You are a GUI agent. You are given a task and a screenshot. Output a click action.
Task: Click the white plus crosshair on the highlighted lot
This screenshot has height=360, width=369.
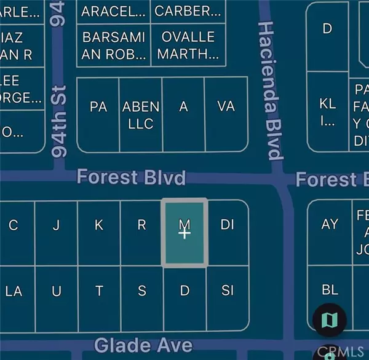(184, 233)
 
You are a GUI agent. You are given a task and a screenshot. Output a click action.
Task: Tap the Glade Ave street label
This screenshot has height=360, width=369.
(143, 345)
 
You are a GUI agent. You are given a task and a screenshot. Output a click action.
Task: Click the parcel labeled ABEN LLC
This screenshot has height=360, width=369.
(141, 115)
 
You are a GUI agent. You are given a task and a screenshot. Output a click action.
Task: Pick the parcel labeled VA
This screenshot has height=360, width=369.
(226, 107)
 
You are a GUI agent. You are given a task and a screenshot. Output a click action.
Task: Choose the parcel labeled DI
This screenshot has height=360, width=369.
(228, 225)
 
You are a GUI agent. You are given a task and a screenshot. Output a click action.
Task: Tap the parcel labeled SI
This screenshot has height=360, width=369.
(228, 291)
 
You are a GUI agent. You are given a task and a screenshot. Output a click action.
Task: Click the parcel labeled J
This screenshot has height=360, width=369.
(56, 225)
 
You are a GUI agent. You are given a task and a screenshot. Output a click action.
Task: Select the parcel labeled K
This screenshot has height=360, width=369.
(99, 225)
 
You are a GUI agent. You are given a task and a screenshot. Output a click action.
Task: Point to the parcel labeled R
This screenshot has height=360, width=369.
(141, 225)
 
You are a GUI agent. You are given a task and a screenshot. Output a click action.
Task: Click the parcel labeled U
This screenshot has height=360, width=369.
(56, 291)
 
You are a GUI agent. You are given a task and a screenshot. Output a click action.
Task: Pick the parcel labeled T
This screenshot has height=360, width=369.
(99, 291)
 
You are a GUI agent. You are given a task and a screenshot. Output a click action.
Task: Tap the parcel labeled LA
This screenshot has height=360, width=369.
(14, 291)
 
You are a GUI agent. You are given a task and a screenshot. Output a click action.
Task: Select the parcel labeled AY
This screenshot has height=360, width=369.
(330, 224)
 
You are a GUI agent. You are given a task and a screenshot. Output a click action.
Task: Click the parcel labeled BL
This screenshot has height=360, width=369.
(330, 289)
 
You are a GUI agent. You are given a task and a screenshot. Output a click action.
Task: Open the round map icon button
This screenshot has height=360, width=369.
(330, 319)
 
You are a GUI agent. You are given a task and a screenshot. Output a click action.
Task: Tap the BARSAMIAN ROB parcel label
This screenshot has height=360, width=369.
(114, 45)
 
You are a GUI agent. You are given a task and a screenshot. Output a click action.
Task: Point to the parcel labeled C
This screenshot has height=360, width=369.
(13, 225)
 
